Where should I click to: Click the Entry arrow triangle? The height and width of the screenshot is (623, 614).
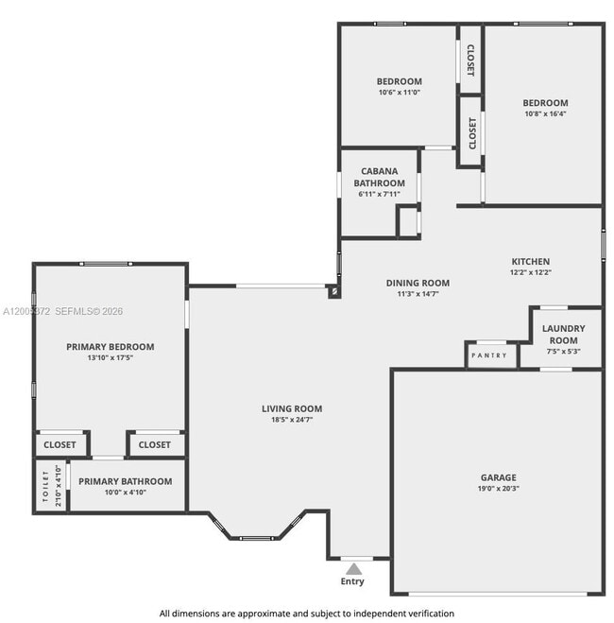[x=353, y=568]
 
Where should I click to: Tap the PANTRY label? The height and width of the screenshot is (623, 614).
[x=490, y=355]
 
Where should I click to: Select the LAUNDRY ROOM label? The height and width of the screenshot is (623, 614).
[x=563, y=334]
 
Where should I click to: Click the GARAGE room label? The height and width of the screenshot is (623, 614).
[x=497, y=477]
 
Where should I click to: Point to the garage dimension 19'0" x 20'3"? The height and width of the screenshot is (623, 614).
[x=497, y=489]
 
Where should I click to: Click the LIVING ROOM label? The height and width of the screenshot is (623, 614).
[x=292, y=408]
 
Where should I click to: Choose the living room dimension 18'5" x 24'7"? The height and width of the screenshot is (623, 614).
[x=292, y=420]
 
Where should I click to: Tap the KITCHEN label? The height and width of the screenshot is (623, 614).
[x=530, y=262]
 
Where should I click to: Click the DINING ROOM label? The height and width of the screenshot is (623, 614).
[x=418, y=283]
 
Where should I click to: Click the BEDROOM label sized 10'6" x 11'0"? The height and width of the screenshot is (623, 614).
[x=399, y=81]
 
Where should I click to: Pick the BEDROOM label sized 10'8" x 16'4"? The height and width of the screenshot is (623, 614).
[x=545, y=103]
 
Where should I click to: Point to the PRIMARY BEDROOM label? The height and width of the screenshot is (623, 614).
[x=110, y=347]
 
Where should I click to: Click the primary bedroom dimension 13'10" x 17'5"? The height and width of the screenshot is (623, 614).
[x=110, y=358]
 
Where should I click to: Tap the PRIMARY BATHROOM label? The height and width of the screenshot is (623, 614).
[x=125, y=481]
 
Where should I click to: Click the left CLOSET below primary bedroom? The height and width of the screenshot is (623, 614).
[x=60, y=444]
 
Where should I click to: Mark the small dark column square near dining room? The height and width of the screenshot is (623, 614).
[x=333, y=292]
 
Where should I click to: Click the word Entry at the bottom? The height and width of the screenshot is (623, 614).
[x=352, y=581]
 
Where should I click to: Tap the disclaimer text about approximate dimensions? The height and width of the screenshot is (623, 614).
[x=306, y=613]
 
